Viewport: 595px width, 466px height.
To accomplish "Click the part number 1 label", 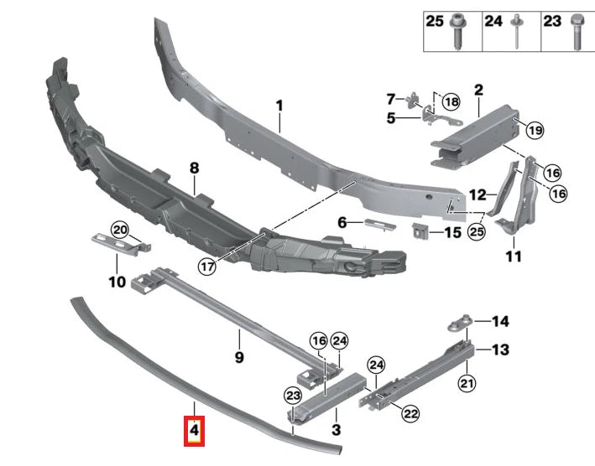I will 279,106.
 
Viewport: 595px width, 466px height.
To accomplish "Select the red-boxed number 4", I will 194,432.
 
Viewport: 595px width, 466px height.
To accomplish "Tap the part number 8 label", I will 194,168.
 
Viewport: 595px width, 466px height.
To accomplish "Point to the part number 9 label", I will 238,358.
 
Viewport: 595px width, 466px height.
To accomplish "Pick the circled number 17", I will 208,267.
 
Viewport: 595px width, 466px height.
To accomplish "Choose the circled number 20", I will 119,231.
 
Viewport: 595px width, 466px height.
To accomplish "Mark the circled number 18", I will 451,102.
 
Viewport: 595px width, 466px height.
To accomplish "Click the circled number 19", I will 535,129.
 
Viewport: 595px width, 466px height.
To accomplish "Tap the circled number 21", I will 467,383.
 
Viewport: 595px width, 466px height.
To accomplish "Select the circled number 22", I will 410,412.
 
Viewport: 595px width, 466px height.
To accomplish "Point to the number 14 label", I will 500,321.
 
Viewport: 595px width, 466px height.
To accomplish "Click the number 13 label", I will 500,350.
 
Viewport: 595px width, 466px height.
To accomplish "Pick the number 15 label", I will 452,231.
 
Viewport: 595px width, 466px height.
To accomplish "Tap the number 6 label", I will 342,223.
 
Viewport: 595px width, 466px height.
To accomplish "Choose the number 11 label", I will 513,256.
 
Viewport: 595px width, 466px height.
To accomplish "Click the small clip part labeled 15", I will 420,230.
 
